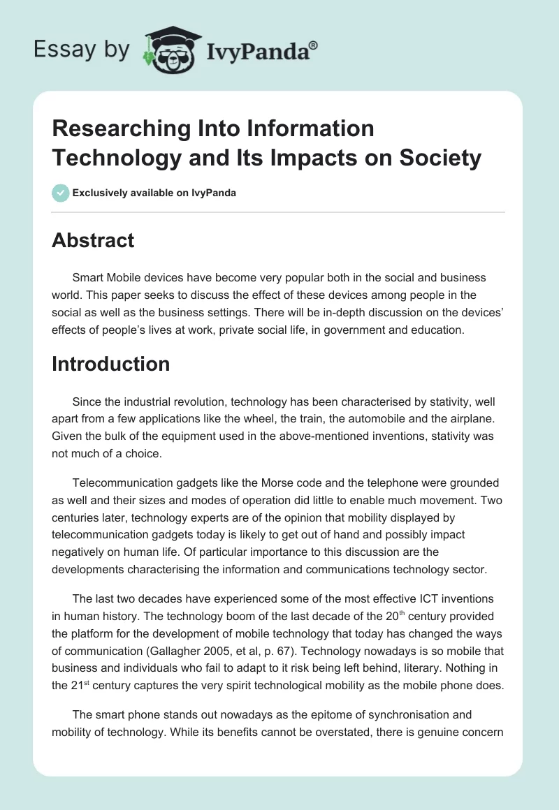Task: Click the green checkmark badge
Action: point(60,193)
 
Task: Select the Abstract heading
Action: point(93,240)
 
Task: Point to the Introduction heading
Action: point(110,364)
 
